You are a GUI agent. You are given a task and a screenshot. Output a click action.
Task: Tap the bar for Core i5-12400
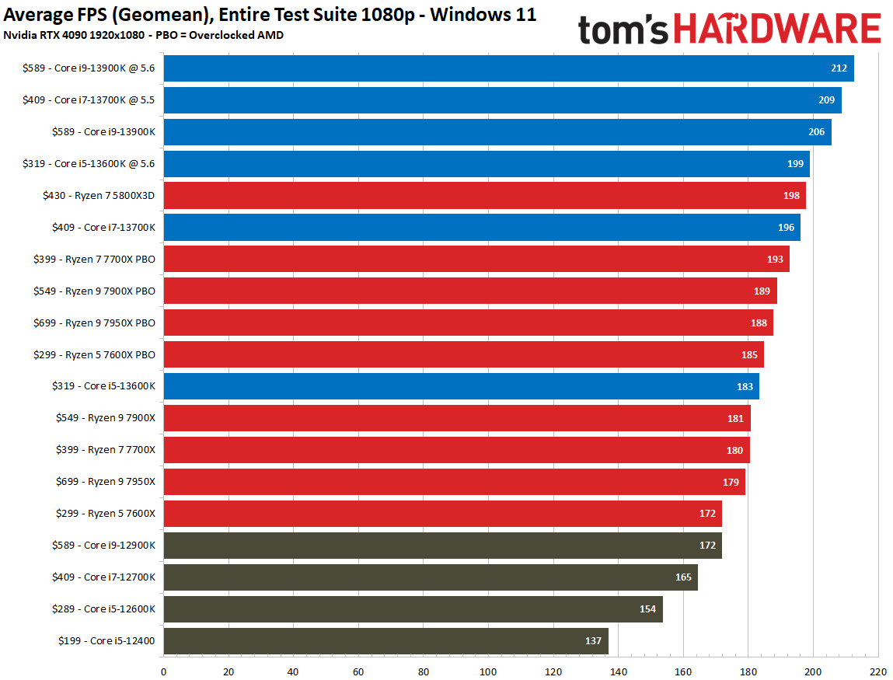point(385,641)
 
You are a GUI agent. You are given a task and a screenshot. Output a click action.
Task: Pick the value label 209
point(826,100)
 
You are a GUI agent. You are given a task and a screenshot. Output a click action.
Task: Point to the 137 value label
point(593,641)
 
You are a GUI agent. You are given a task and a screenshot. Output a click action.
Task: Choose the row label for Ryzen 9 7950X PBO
point(94,323)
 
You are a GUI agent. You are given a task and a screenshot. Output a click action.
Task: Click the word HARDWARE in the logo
point(777,30)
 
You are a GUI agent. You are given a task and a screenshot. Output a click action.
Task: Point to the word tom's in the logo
point(623,30)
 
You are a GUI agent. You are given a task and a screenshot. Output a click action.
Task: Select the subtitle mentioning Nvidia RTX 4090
point(143,34)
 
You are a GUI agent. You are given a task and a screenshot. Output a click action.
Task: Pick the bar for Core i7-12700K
point(431,577)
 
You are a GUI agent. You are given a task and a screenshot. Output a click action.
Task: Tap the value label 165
point(682,577)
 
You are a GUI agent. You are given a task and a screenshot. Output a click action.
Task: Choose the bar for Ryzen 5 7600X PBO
point(463,354)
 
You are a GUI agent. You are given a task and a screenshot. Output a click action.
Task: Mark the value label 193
point(775,260)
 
